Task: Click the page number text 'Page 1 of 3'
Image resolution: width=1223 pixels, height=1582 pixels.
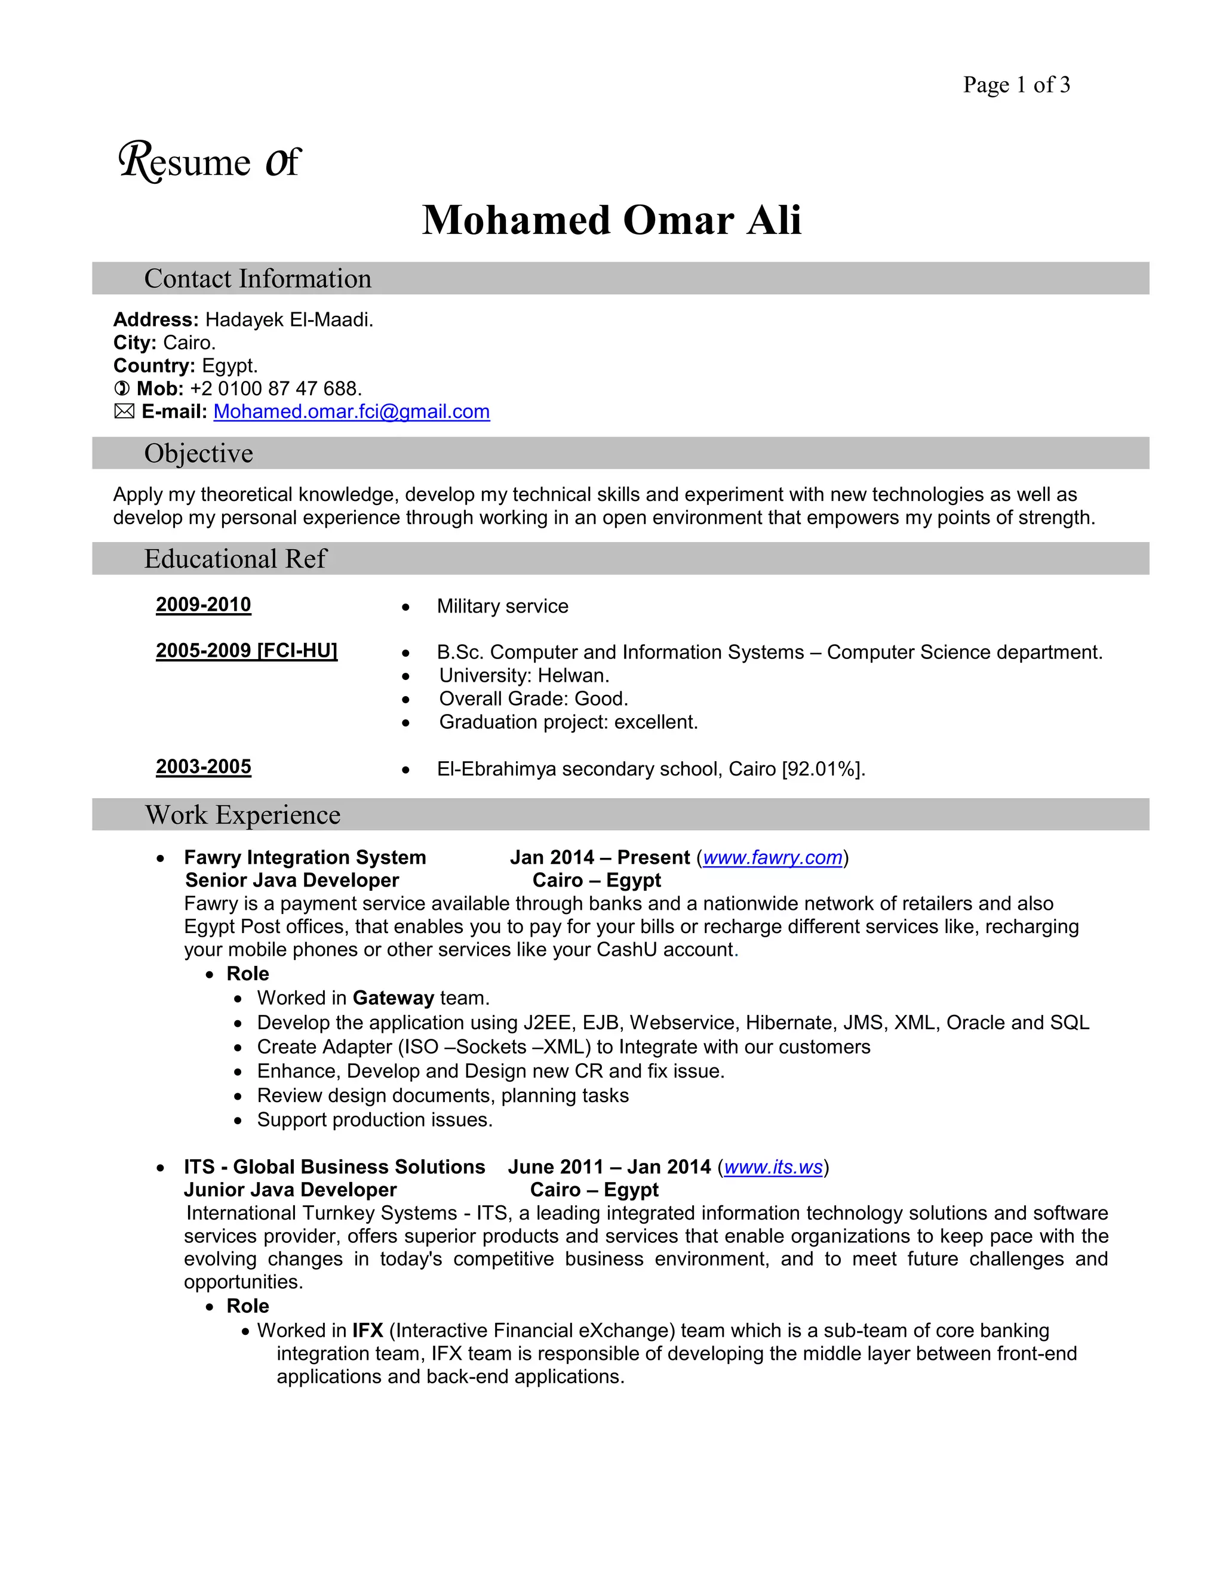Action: pyautogui.click(x=1016, y=85)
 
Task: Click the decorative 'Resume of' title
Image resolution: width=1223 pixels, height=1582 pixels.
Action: pyautogui.click(x=208, y=162)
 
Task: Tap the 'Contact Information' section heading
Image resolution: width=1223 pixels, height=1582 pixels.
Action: pyautogui.click(x=257, y=279)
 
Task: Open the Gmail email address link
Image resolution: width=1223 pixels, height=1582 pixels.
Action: pyautogui.click(x=351, y=411)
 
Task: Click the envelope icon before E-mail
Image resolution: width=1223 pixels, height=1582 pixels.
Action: pyautogui.click(x=124, y=411)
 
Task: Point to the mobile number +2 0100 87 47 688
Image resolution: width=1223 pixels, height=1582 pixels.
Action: pyautogui.click(x=275, y=389)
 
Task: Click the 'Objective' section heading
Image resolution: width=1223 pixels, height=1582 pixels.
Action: pyautogui.click(x=198, y=454)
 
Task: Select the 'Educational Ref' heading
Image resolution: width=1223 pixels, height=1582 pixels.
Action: pyautogui.click(x=235, y=559)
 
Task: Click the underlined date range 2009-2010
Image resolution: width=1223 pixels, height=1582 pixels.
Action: pyautogui.click(x=204, y=605)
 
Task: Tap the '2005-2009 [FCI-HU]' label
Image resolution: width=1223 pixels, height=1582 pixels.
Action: pyautogui.click(x=247, y=651)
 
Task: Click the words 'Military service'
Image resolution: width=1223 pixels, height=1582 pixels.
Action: pyautogui.click(x=502, y=607)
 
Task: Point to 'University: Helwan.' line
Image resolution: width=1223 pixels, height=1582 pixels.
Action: pyautogui.click(x=524, y=676)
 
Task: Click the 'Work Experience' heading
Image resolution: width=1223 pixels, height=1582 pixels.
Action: pyautogui.click(x=242, y=815)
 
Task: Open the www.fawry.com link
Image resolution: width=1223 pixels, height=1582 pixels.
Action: pyautogui.click(x=772, y=858)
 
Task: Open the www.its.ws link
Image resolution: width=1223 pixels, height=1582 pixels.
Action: pyautogui.click(x=773, y=1167)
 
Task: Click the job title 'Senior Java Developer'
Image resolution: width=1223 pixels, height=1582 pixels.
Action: pyautogui.click(x=292, y=880)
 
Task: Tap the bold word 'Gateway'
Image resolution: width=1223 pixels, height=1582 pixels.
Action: pyautogui.click(x=393, y=998)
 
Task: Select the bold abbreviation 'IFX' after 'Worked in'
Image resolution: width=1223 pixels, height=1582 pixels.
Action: pyautogui.click(x=367, y=1331)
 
